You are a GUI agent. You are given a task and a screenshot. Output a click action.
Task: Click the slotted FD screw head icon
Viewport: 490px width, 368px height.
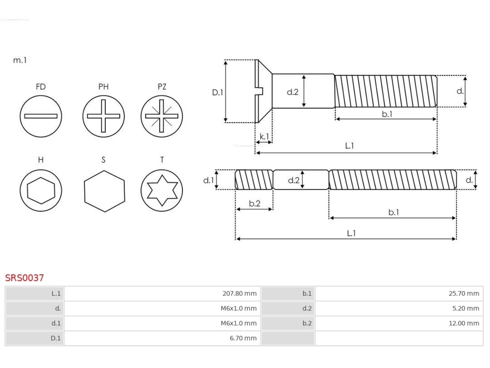[41, 116]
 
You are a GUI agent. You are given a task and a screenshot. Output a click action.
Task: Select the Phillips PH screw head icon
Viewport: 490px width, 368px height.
[103, 116]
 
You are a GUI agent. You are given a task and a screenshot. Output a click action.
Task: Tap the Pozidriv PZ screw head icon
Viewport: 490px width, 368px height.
[162, 116]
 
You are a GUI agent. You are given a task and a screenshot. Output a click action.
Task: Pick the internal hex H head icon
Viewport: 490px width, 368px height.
[41, 191]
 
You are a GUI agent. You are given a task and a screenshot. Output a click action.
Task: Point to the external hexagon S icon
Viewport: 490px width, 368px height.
[105, 191]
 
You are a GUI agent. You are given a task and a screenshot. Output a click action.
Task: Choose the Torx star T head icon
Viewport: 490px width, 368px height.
[162, 191]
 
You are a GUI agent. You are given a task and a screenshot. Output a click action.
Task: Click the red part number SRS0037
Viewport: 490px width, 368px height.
[24, 278]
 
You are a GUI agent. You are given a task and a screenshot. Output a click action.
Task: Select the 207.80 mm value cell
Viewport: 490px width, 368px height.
[162, 293]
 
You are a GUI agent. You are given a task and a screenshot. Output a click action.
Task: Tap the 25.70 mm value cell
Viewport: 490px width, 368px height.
[399, 293]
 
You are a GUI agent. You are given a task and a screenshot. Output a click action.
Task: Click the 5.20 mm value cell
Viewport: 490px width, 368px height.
[399, 308]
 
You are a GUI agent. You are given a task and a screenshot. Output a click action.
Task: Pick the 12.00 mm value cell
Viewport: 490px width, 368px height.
[399, 323]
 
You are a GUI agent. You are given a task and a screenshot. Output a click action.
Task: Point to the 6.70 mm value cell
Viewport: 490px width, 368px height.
[162, 338]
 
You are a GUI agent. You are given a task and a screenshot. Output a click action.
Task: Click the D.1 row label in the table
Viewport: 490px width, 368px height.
[56, 338]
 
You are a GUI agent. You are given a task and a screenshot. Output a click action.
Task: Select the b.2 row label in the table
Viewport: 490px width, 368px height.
[307, 323]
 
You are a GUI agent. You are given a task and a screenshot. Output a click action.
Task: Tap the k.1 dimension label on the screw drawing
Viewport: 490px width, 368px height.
[264, 136]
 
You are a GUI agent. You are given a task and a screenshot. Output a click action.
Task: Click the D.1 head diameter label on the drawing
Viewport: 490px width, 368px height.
[217, 92]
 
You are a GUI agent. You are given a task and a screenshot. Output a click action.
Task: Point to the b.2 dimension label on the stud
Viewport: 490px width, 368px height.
[255, 203]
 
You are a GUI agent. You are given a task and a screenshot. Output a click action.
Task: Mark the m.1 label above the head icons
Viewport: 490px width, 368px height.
[20, 60]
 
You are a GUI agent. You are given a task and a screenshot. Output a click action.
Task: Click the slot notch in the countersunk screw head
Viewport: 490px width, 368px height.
[259, 91]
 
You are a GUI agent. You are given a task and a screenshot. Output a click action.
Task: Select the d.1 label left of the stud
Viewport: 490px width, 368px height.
[209, 180]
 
